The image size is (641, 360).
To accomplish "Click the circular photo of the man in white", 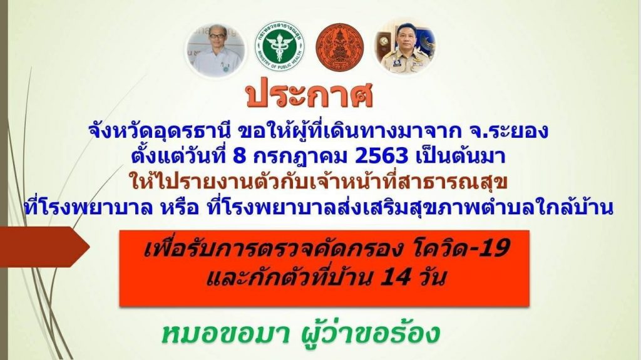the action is [x=216, y=50].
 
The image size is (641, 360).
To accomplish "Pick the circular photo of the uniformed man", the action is [x=405, y=48].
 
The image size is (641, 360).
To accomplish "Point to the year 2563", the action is [x=382, y=156].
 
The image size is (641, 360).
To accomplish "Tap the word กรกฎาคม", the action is [x=301, y=157].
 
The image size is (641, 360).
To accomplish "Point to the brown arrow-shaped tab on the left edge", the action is [x=44, y=247].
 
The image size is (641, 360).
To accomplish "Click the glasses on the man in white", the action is [x=217, y=36].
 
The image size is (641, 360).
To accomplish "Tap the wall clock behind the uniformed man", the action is [x=385, y=41].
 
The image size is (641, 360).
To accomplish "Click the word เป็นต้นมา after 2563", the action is [x=460, y=156].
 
